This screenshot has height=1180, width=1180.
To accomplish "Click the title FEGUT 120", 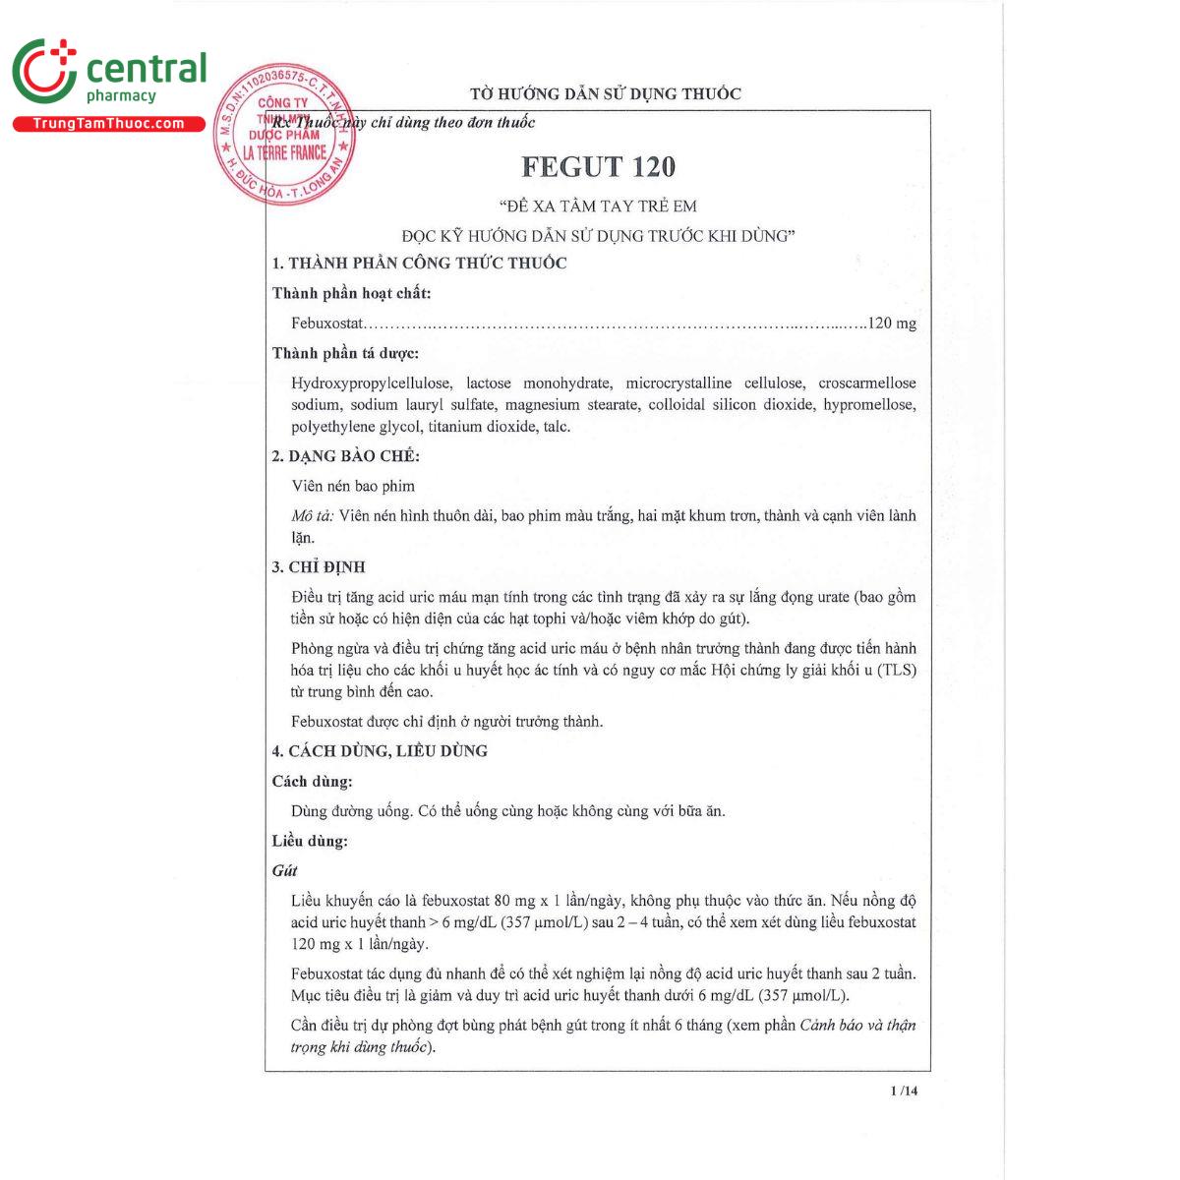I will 598,167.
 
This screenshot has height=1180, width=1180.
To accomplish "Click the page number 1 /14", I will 903,1091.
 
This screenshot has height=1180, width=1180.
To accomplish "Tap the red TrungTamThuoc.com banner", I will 108,124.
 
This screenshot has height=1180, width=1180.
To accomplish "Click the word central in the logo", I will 147,69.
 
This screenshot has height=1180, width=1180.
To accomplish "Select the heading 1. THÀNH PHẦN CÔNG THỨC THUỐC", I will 419,264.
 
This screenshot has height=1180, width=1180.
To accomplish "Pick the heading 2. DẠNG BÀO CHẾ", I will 345,456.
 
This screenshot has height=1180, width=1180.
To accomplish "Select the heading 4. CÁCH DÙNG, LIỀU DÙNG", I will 380,751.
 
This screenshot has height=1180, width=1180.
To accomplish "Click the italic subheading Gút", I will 284,871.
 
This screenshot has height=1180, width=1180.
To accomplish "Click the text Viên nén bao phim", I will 353,486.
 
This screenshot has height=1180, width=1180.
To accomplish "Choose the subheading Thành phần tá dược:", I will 345,353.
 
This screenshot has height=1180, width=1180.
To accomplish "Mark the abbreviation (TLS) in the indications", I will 896,671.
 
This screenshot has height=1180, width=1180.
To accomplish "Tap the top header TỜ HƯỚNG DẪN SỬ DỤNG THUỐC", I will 605,94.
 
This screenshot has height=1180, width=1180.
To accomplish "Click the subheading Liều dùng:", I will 310,842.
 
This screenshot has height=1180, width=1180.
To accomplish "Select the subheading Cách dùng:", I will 312,782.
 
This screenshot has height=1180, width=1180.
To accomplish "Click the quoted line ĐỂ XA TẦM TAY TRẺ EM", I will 598,206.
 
